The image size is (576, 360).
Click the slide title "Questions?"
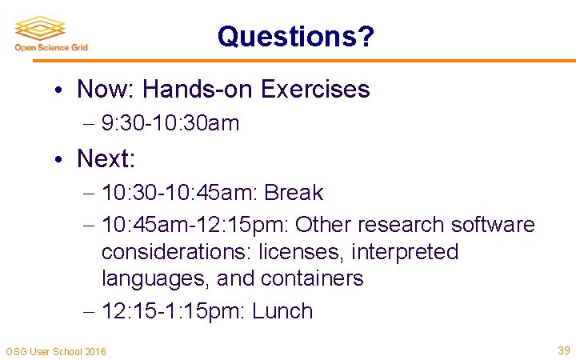point(295,36)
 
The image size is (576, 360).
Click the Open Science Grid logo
point(51,34)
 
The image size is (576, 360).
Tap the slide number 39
point(563,350)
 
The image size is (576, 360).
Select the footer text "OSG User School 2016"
point(56,351)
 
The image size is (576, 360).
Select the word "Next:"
point(106,158)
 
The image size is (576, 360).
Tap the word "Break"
point(294,193)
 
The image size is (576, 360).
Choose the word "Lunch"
point(282,311)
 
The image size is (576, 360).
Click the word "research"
point(402,225)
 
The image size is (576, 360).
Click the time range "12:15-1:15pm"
point(174,311)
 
